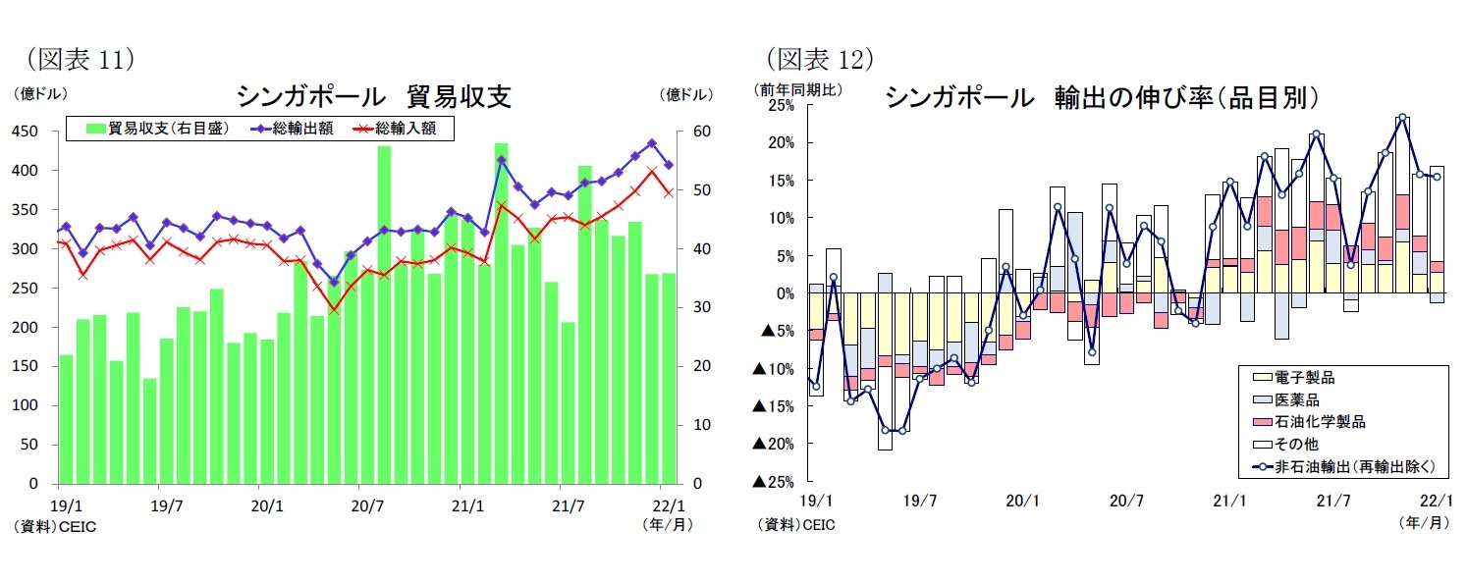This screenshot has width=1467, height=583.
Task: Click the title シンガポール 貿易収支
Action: point(374,96)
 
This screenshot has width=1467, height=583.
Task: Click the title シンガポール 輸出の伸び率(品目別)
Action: point(1101,97)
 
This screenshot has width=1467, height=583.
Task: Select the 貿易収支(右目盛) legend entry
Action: point(157,129)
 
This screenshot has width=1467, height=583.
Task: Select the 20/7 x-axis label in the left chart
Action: point(364,506)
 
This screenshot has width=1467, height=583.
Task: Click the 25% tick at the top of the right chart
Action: point(781,105)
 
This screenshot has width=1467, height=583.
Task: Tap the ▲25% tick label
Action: point(773,481)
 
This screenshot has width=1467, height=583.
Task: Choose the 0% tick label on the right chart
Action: point(786,293)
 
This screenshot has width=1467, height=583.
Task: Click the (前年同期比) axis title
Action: point(797,88)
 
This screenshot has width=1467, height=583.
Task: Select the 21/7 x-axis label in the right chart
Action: point(1332,501)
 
